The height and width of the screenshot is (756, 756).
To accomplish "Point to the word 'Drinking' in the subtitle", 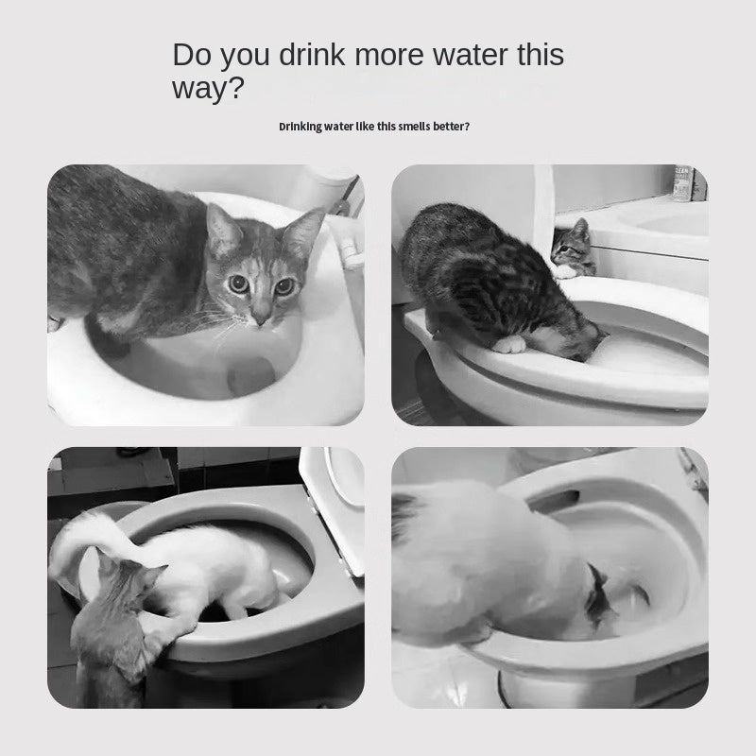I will [301, 126].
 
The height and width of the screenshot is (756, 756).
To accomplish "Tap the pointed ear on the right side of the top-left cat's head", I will [304, 232].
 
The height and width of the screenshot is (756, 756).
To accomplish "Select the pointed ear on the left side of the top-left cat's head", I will [219, 226].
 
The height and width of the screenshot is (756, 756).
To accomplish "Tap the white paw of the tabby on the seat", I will [511, 344].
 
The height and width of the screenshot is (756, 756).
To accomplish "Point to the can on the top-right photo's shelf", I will [682, 183].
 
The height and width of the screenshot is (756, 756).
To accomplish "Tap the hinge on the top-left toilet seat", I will [352, 253].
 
